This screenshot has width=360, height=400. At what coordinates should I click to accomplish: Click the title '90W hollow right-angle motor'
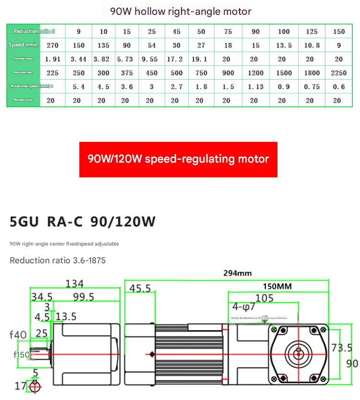[x=180, y=11]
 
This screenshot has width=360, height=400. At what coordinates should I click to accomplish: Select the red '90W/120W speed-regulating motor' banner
[x=178, y=159]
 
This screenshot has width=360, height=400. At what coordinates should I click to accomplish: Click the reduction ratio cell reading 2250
[x=338, y=73]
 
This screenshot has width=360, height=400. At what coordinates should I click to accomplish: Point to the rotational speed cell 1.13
[x=255, y=87]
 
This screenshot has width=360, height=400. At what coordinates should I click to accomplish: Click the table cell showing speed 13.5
[x=284, y=46]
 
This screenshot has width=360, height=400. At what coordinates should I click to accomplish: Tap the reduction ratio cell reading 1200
[x=255, y=73]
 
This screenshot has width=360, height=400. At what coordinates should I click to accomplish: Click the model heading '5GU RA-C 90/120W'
[x=83, y=222]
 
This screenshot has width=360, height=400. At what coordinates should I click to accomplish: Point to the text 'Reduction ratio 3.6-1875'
[x=58, y=260]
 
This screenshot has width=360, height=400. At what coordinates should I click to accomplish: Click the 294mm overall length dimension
[x=237, y=273]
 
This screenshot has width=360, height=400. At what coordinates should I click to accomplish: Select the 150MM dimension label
[x=277, y=286]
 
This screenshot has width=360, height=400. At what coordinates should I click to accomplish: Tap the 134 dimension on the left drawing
[x=74, y=283]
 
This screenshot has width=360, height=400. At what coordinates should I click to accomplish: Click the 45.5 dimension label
[x=140, y=288]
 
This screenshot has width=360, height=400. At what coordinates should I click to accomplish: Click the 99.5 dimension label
[x=83, y=297]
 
